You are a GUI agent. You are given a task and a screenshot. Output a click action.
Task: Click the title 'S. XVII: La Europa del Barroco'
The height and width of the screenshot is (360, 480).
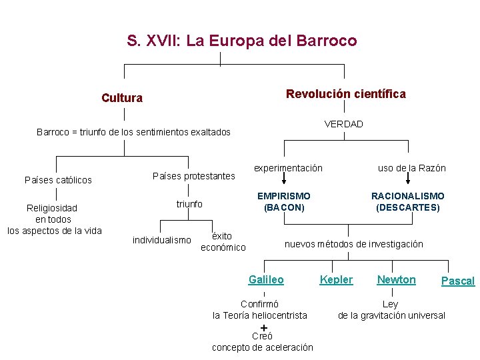241,41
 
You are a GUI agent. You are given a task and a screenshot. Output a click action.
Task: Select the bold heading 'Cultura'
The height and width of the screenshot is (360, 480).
122,98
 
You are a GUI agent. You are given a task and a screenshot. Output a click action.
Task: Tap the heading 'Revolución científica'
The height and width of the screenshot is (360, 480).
345,94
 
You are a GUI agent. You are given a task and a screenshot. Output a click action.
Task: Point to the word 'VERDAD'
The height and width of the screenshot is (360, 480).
343,124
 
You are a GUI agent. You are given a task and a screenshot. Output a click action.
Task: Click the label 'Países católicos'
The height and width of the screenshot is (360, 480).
58,180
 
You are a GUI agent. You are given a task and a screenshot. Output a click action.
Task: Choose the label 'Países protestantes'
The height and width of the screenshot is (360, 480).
194,176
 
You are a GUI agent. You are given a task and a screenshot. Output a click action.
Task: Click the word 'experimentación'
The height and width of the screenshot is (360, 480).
288,168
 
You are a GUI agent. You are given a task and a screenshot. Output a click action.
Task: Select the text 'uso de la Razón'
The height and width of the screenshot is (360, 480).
411,168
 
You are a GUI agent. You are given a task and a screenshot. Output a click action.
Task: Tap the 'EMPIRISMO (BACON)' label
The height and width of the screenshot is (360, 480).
284,201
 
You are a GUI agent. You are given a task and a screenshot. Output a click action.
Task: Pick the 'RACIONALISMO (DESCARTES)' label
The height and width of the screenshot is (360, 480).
407,201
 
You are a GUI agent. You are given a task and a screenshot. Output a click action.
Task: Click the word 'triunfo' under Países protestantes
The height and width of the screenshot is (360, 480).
189,204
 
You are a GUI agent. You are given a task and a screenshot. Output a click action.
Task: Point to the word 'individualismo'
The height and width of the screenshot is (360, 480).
162,239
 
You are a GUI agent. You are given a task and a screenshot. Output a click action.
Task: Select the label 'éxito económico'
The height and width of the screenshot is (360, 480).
223,241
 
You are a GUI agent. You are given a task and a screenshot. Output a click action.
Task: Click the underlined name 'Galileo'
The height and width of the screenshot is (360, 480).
266,280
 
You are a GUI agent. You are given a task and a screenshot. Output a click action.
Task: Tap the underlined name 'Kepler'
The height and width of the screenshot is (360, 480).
336,280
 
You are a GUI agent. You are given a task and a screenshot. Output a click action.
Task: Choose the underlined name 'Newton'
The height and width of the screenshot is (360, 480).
396,280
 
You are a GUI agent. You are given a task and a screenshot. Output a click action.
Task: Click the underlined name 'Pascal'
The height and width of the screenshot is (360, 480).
458,281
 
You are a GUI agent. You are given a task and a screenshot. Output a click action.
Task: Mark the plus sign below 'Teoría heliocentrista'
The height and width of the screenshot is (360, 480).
264,327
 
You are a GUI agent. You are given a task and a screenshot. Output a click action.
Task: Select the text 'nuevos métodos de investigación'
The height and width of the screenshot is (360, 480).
353,244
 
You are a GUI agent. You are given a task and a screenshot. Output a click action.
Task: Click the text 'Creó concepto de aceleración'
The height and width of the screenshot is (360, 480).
262,342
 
